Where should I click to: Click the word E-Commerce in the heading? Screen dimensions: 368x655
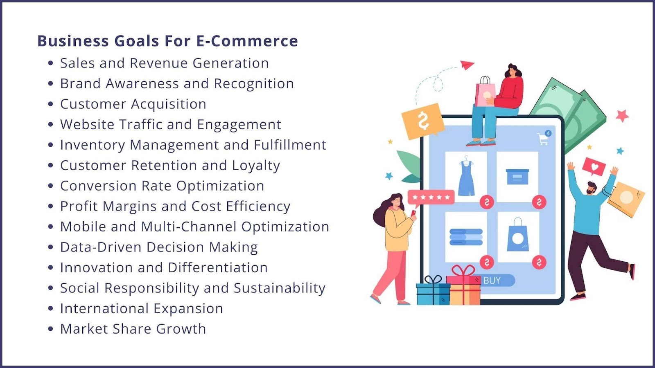pyautogui.click(x=247, y=41)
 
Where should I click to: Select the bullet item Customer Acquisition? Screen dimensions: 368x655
pyautogui.click(x=133, y=104)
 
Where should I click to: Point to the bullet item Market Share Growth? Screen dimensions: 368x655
pyautogui.click(x=133, y=329)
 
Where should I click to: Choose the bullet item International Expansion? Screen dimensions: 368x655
pyautogui.click(x=142, y=309)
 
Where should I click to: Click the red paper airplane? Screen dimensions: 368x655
pyautogui.click(x=467, y=65)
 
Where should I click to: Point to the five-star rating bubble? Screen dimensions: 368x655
pyautogui.click(x=431, y=197)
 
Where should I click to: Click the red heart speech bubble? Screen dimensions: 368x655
pyautogui.click(x=594, y=167)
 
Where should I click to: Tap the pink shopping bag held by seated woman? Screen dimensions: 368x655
pyautogui.click(x=485, y=93)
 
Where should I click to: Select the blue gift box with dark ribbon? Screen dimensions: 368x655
pyautogui.click(x=432, y=292)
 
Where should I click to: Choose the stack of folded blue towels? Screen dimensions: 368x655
pyautogui.click(x=466, y=237)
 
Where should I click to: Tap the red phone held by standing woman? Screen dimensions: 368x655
pyautogui.click(x=413, y=213)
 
